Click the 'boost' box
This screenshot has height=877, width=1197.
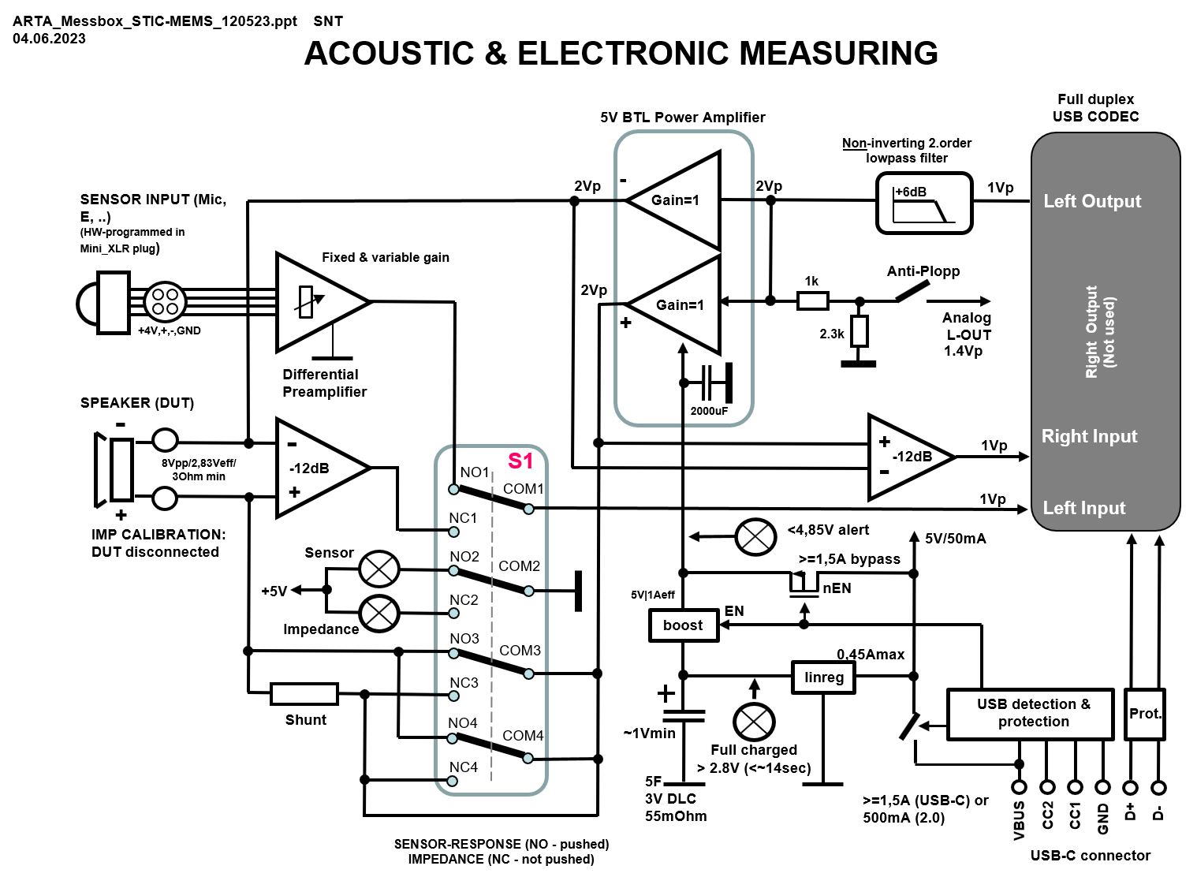(683, 625)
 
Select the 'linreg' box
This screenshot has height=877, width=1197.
(824, 677)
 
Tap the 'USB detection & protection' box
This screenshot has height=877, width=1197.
(1030, 713)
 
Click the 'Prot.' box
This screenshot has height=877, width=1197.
(1145, 714)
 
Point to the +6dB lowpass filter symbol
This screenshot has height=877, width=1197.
(923, 203)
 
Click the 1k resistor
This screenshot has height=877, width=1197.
(812, 300)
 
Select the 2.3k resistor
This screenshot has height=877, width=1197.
(859, 331)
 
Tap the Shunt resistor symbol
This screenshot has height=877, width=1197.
(304, 694)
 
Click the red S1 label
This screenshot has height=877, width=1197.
(520, 461)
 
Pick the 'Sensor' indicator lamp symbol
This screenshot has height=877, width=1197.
(379, 569)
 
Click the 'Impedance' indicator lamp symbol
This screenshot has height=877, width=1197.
(379, 614)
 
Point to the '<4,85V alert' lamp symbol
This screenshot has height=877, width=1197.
(755, 537)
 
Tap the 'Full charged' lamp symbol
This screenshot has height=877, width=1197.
(754, 722)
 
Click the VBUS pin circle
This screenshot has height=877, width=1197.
(1019, 786)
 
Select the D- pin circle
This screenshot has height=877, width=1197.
(1158, 786)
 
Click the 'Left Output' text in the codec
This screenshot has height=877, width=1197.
(1092, 201)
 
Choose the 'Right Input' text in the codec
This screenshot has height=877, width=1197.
(1089, 436)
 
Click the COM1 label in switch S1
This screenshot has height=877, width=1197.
(523, 489)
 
